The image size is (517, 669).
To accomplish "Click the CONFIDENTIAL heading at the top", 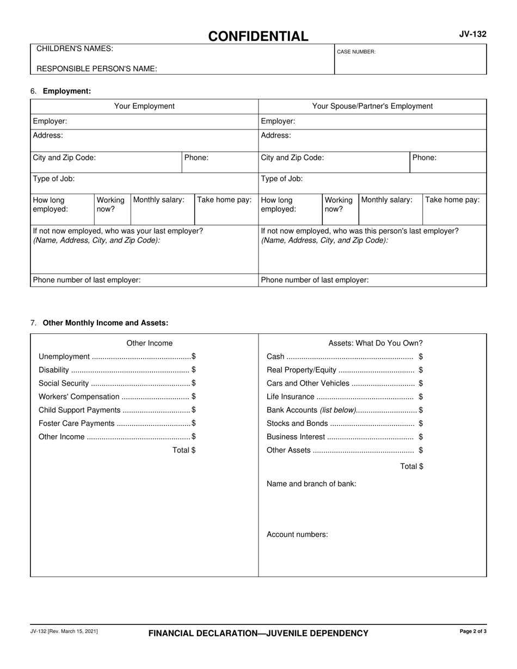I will (258, 36).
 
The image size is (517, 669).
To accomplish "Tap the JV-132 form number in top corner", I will (472, 34).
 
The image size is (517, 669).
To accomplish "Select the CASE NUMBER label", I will (356, 52).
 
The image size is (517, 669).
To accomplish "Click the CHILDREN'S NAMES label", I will (75, 48).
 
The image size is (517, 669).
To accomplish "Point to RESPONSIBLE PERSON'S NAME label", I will (96, 69).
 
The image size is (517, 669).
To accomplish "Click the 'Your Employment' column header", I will (144, 106).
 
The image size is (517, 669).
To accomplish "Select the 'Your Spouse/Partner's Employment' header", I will (372, 106).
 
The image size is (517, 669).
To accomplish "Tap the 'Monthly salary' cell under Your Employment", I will (159, 200).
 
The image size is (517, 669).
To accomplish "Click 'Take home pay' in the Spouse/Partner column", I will (452, 200).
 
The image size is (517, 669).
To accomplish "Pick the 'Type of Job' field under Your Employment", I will (54, 178).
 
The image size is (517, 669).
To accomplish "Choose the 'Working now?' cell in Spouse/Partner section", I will (338, 204).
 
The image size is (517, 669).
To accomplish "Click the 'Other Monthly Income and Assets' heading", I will (106, 323).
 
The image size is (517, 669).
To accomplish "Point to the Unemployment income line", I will (117, 356).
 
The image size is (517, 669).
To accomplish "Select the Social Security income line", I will (117, 383).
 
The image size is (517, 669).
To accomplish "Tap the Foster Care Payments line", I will (117, 423).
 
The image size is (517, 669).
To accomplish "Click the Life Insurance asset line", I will (344, 397).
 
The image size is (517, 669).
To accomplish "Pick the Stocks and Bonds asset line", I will (344, 423).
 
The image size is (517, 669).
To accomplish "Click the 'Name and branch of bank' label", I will (311, 484).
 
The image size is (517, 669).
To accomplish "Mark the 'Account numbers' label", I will (297, 534).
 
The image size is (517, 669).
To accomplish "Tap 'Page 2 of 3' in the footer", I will (473, 631).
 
